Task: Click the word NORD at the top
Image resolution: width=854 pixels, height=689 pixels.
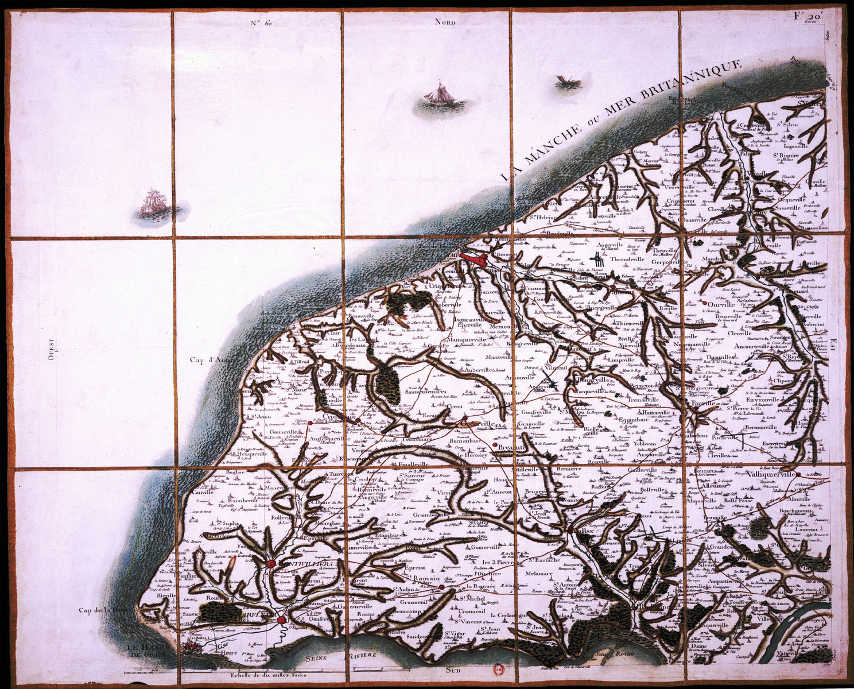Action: click(x=445, y=22)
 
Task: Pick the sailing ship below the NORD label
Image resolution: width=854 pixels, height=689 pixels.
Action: click(x=437, y=94)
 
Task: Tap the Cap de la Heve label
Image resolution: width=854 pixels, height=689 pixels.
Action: click(x=102, y=610)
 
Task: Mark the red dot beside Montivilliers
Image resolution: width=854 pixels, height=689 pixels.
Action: click(x=270, y=565)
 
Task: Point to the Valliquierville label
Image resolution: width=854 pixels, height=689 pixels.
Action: click(x=772, y=475)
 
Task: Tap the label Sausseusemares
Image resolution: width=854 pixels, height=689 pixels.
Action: click(x=429, y=393)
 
